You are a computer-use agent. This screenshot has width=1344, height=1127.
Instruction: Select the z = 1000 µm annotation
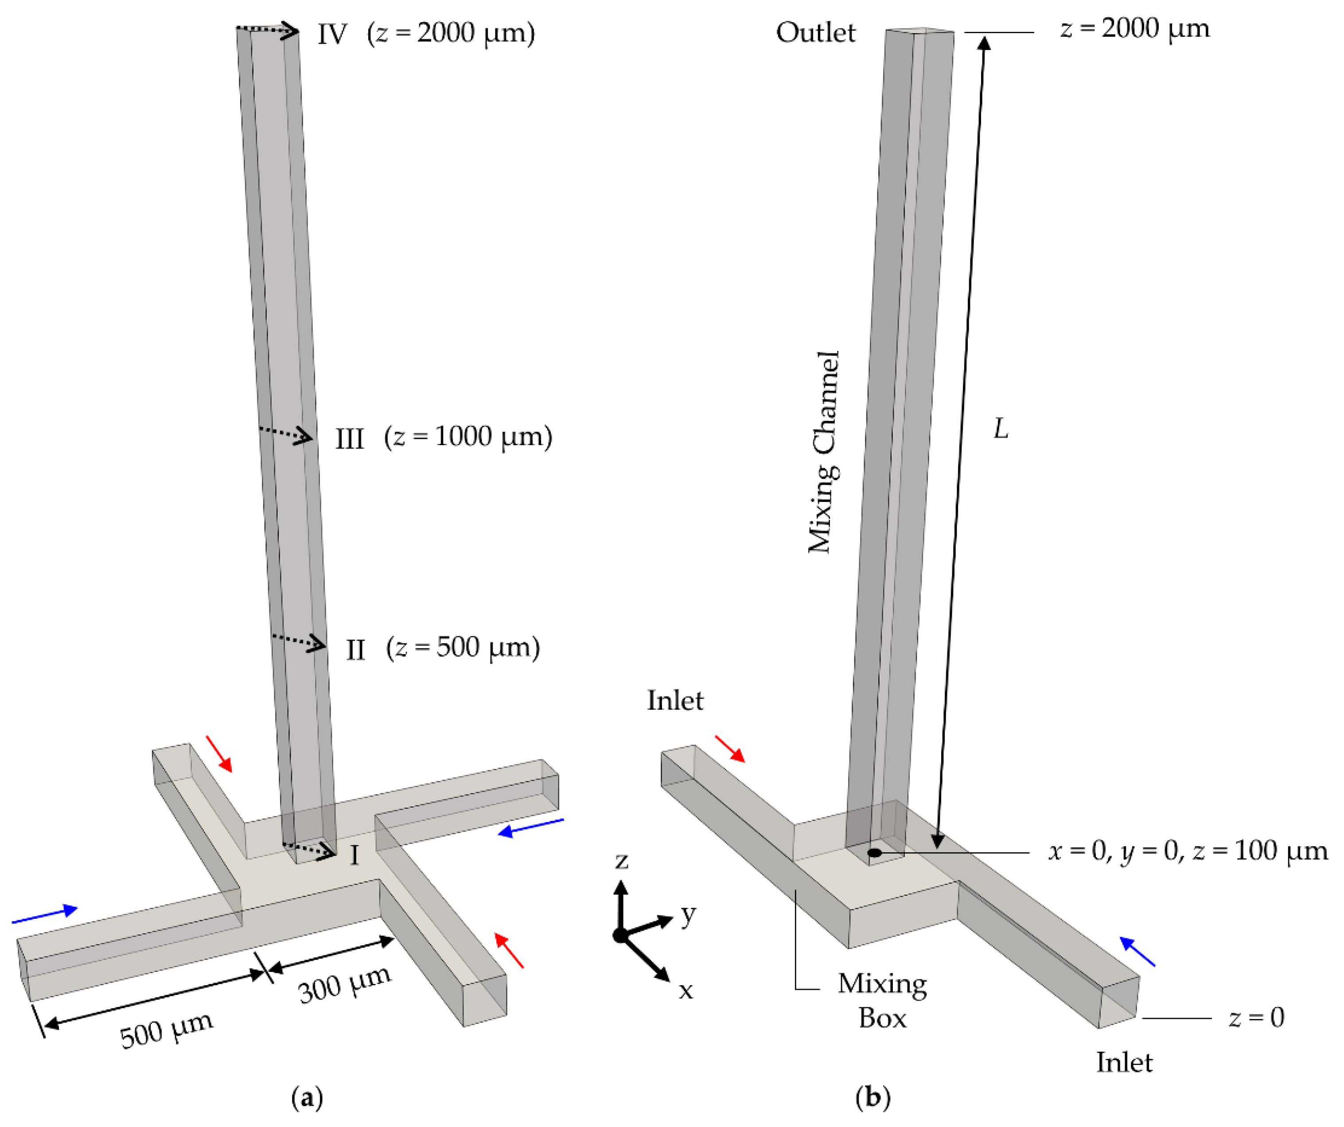468,437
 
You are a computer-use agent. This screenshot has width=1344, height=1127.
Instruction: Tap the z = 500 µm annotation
463,648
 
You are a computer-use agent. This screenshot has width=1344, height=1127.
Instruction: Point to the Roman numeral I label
354,855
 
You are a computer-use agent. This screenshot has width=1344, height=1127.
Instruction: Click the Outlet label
815,33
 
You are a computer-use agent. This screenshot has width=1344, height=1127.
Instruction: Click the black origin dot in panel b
874,852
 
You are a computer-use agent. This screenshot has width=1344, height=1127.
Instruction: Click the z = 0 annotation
1256,1017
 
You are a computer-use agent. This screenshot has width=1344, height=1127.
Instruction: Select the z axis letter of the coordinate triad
621,861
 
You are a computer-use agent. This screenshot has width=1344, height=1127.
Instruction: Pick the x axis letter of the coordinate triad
686,991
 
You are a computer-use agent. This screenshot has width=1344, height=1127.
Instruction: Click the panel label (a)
307,1098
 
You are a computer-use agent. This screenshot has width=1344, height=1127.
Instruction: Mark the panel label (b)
873,1098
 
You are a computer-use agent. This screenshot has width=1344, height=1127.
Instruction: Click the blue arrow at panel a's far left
44,915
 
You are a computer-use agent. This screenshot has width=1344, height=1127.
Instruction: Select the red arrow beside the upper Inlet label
729,749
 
